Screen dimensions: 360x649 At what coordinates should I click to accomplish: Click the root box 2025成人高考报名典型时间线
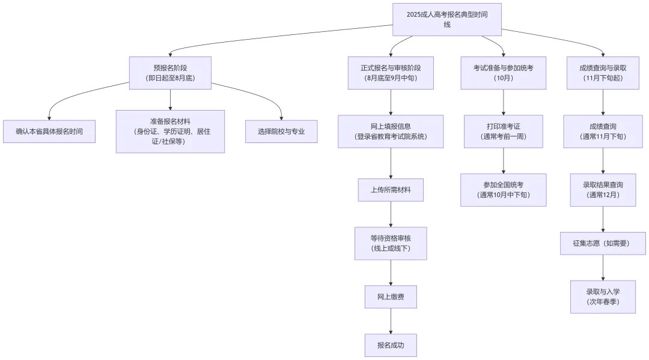tap(446, 19)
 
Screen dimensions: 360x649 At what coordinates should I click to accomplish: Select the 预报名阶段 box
tap(170, 73)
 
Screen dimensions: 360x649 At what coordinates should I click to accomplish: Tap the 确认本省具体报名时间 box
tap(49, 131)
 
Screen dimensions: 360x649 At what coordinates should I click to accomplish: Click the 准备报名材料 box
tap(170, 131)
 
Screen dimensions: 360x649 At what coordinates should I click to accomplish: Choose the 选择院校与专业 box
tap(281, 131)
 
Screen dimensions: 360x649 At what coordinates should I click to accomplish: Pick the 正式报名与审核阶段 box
tap(391, 73)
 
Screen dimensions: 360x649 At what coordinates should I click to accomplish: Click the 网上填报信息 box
tap(391, 131)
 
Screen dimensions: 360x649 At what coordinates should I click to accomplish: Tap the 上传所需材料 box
tap(391, 189)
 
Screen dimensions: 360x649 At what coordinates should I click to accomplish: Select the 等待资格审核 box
tap(391, 243)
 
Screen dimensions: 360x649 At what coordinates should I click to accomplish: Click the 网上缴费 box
tap(391, 297)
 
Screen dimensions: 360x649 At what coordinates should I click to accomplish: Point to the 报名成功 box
tap(391, 345)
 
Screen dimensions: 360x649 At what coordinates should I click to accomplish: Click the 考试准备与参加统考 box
tap(503, 73)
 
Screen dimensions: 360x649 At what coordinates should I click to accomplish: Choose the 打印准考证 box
tap(503, 131)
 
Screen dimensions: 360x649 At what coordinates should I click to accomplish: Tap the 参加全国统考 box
tap(503, 189)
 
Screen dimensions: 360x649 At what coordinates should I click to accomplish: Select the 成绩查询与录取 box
tap(603, 73)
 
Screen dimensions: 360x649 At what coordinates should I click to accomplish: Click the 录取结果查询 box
tap(603, 189)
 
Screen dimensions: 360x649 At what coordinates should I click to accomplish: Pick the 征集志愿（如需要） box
tap(603, 243)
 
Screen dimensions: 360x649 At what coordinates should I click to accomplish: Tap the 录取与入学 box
tap(603, 296)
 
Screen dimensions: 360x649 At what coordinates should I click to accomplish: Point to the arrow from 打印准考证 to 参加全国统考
tap(503, 160)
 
